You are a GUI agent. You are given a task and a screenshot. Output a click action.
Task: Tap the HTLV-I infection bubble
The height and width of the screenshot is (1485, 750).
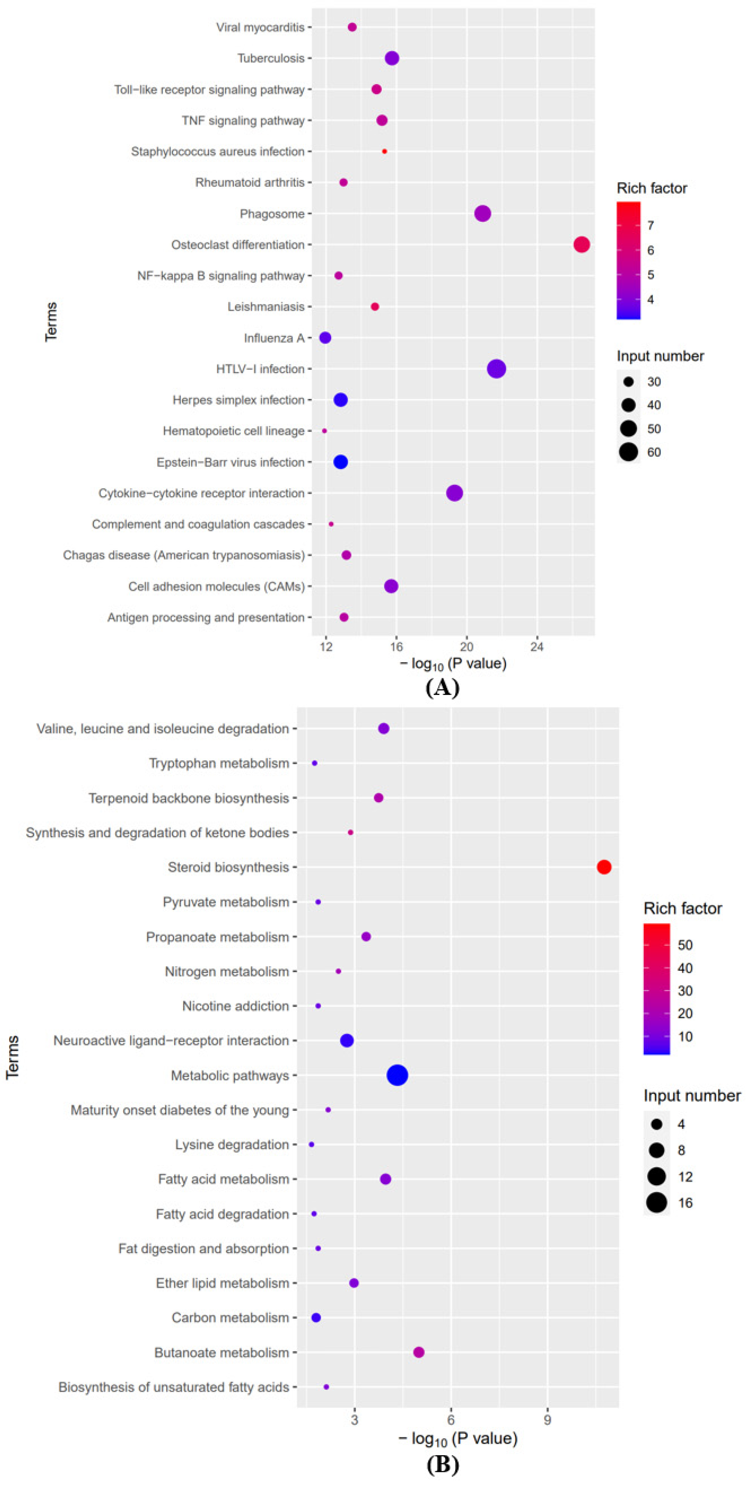496,369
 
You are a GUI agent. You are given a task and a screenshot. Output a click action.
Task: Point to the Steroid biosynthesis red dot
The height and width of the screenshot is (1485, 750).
603,867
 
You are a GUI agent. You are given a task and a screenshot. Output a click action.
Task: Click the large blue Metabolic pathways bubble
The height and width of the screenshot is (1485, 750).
398,1075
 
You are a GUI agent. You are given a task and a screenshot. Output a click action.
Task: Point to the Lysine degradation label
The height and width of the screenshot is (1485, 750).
232,1144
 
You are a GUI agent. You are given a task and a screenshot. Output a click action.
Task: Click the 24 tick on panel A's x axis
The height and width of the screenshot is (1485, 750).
537,647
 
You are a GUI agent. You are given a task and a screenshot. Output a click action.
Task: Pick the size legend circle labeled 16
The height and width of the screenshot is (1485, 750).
656,1203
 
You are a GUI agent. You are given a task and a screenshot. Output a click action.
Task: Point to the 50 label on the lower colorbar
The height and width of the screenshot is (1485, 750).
685,945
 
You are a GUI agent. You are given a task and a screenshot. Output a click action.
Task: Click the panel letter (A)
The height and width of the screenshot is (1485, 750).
442,688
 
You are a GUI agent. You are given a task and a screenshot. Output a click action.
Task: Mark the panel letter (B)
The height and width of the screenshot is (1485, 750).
442,1464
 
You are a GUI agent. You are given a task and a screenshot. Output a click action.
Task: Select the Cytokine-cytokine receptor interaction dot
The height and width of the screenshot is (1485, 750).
454,493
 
